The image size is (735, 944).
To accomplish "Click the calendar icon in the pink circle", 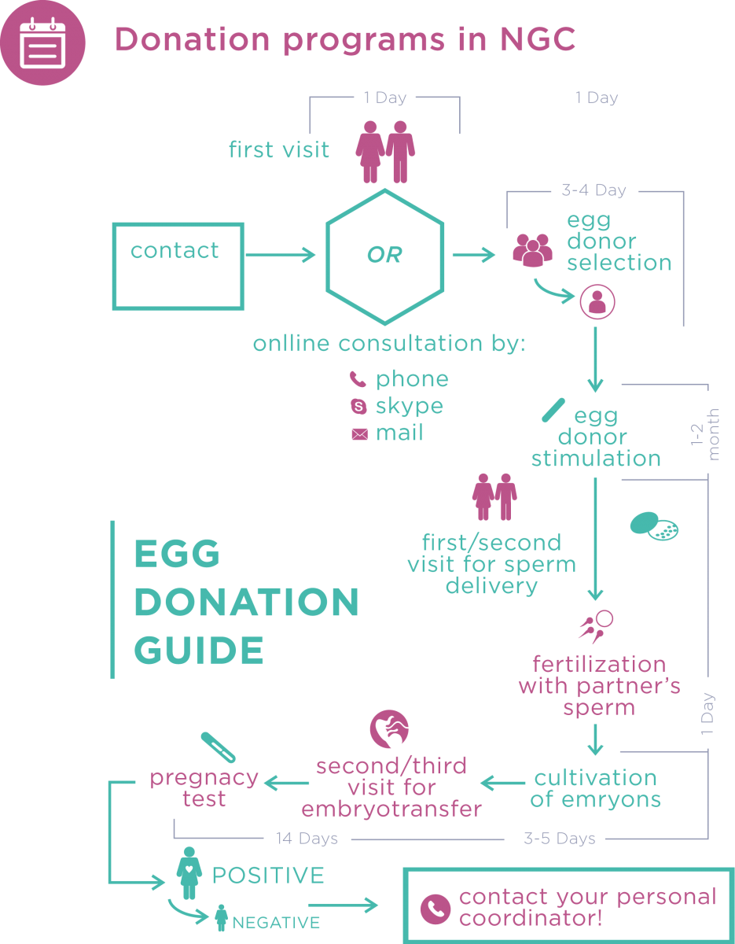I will tap(41, 42).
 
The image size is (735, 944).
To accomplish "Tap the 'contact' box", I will tap(178, 266).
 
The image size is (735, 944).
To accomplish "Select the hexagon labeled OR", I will tap(385, 256).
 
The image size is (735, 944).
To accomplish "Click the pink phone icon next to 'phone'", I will tap(358, 380).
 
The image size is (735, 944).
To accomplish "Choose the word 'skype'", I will tap(409, 406).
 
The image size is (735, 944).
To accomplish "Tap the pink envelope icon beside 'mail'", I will tap(359, 433).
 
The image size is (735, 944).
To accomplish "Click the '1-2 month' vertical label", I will tap(704, 433).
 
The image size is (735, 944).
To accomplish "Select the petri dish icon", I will tap(654, 525).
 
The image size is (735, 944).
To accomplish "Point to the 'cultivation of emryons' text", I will tap(595, 789).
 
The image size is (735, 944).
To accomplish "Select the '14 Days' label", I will tap(307, 839).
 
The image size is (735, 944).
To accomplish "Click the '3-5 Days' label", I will tap(559, 839).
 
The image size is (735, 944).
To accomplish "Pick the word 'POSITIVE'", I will tap(268, 876).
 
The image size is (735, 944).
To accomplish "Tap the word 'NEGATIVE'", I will tap(276, 923).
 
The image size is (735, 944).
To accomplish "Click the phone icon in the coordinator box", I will tap(435, 909).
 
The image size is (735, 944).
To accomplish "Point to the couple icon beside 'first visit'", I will tap(386, 151).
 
